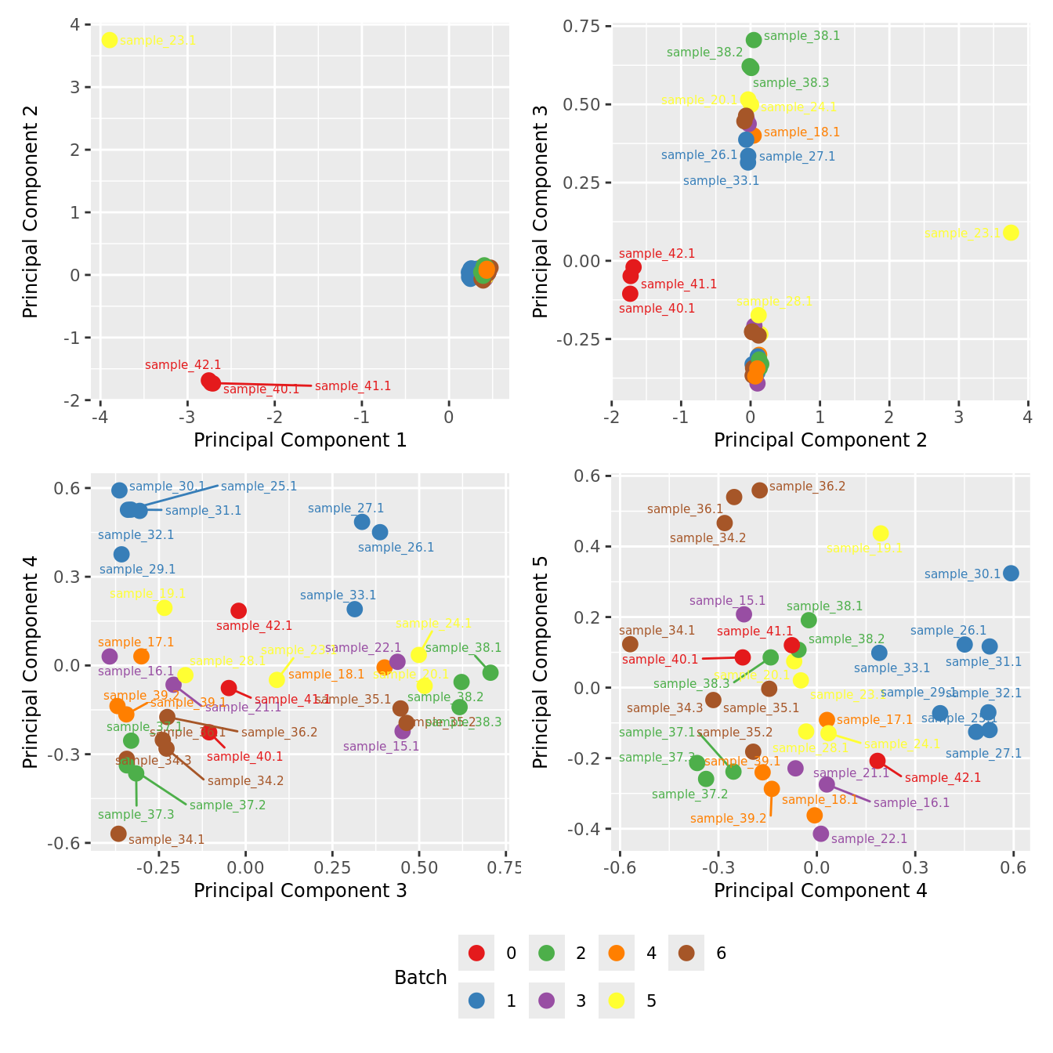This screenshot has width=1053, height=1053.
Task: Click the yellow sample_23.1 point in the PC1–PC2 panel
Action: click(x=110, y=40)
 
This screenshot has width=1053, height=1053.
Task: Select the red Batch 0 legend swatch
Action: click(x=476, y=953)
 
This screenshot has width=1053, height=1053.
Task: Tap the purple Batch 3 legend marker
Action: click(x=547, y=1001)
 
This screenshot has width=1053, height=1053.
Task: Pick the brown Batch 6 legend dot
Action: click(x=687, y=953)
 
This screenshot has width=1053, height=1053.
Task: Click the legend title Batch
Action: click(x=421, y=978)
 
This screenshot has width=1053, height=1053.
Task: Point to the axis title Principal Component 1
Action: click(x=300, y=440)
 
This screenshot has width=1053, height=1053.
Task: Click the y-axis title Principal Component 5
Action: click(x=541, y=662)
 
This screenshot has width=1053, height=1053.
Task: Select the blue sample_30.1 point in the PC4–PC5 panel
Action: click(x=1011, y=574)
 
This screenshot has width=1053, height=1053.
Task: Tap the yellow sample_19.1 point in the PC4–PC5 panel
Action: click(x=881, y=534)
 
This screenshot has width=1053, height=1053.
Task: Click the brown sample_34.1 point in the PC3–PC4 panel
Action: click(x=118, y=834)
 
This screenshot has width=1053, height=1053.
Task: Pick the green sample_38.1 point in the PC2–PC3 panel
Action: click(x=754, y=40)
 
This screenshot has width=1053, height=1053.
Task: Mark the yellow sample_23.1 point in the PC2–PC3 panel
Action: click(x=1011, y=233)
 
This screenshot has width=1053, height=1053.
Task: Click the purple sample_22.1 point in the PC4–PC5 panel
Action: click(x=821, y=834)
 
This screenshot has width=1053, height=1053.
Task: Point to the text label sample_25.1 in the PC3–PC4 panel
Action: click(x=259, y=487)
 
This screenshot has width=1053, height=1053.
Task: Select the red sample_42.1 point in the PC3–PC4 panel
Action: click(x=239, y=610)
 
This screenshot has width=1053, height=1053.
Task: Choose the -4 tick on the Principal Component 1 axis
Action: click(x=100, y=417)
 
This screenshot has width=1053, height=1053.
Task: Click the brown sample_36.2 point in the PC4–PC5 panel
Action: click(x=759, y=490)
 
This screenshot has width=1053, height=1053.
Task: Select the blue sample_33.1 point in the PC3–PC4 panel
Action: click(x=355, y=609)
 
